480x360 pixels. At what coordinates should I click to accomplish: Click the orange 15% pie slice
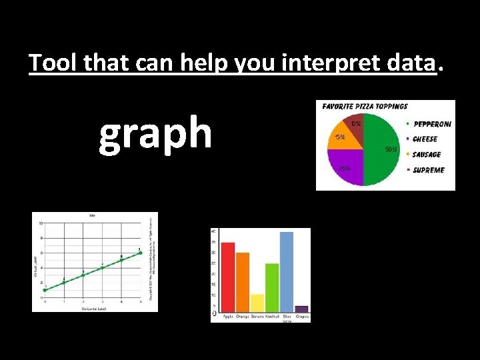coord(340,138)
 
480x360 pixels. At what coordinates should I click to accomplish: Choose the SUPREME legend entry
coord(428,170)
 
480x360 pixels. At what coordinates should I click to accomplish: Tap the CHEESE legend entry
coord(425,139)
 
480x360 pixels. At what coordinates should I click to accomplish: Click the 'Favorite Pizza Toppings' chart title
coord(365,106)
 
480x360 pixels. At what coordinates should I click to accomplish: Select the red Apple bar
coord(228,277)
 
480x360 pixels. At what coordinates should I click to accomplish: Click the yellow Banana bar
coord(257,303)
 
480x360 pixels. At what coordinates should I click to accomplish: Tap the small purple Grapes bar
coord(301,309)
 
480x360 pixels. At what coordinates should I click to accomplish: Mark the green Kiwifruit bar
coord(272,287)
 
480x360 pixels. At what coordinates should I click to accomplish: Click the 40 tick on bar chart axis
coord(213,231)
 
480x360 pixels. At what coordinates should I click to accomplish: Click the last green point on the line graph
coord(140,253)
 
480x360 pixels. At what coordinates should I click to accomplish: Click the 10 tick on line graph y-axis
coord(41,223)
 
